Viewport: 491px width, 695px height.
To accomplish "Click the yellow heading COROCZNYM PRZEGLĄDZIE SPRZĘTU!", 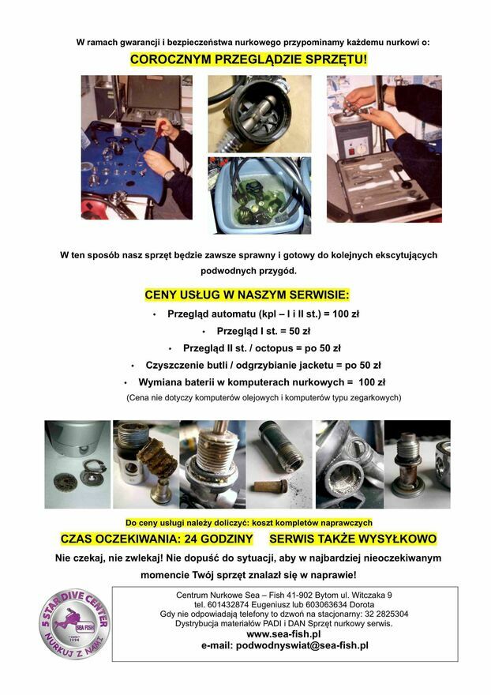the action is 249,59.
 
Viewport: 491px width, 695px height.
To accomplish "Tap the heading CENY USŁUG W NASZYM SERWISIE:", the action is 247,295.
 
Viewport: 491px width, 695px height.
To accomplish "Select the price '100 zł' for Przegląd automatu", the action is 346,314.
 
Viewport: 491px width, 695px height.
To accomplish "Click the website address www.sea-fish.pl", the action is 283,634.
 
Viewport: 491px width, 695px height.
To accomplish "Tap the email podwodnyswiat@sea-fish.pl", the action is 284,645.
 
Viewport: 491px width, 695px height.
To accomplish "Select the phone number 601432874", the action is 231,605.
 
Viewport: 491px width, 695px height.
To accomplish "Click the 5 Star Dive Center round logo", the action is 74,624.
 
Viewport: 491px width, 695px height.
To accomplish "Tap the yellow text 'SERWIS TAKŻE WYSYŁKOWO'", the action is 353,539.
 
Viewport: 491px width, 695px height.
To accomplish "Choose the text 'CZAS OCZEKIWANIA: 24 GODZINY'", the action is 156,539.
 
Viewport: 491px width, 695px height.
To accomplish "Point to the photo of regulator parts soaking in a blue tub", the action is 260,196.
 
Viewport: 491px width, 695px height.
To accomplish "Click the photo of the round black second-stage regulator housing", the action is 260,114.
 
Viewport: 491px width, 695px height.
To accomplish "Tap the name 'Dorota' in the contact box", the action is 362,605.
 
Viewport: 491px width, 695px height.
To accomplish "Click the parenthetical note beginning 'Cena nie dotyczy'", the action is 264,397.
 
